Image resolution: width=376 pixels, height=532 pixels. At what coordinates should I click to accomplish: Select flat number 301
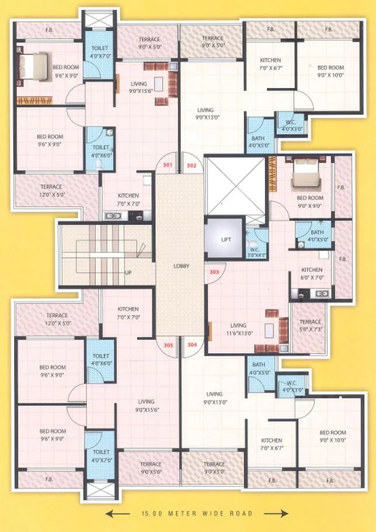(x=168, y=166)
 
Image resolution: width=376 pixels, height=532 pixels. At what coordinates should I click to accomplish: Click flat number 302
(x=192, y=166)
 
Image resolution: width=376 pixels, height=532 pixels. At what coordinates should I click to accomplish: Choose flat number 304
(x=192, y=345)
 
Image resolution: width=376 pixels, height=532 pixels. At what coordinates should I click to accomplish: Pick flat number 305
(x=169, y=345)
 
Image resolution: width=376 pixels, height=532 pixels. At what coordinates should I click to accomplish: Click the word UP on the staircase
(x=127, y=273)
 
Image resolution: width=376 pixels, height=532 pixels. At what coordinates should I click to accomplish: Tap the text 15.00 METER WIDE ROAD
(x=197, y=513)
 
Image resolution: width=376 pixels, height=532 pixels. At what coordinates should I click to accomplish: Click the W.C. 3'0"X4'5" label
(x=257, y=251)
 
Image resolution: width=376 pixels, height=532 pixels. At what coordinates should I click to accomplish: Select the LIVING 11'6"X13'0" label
(x=238, y=329)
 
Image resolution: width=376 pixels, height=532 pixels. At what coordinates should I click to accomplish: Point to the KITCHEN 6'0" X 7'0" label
(x=312, y=273)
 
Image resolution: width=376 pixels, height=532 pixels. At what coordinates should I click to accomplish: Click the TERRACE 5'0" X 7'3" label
(x=310, y=325)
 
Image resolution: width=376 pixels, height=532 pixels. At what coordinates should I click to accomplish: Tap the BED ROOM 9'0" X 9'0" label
(x=310, y=201)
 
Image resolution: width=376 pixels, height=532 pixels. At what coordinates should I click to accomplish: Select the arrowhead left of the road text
(x=109, y=513)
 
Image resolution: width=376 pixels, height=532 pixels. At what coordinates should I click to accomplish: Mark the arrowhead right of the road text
(x=284, y=513)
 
